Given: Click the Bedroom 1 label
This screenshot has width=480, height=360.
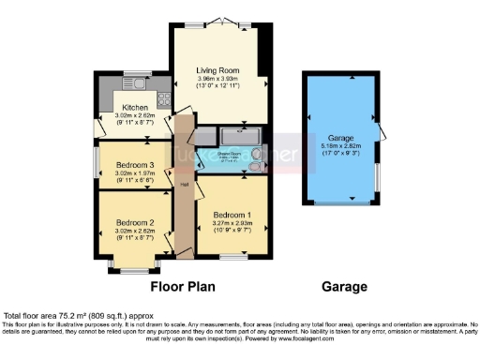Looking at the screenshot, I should pos(232,212).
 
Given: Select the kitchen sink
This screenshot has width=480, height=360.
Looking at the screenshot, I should pos(123,93).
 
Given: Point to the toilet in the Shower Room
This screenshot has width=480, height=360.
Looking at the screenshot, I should pos(255,168).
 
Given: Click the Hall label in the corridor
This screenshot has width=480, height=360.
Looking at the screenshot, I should pos(183,184).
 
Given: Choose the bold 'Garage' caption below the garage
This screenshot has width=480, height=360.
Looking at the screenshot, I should pos(340,286).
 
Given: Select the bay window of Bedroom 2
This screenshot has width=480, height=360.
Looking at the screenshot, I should pos(124,269).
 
